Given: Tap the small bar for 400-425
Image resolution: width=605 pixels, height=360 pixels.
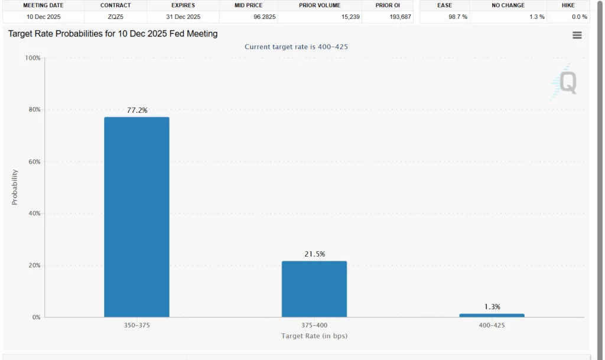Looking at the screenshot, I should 491,315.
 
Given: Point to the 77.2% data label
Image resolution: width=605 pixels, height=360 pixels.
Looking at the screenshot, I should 137,110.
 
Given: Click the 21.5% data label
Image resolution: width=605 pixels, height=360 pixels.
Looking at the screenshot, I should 314,254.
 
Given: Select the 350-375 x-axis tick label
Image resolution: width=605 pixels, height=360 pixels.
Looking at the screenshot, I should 136,325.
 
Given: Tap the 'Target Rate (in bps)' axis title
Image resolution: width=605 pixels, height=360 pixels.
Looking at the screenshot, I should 314,336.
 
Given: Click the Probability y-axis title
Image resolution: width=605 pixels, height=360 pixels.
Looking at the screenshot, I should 15,187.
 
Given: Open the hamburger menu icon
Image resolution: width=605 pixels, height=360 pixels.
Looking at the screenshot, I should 577,35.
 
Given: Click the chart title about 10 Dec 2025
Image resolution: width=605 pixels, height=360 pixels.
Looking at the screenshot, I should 113,34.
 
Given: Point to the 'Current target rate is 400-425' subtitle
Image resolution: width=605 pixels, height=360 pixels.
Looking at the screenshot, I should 300,47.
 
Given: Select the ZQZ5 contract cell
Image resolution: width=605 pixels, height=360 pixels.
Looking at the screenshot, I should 115,17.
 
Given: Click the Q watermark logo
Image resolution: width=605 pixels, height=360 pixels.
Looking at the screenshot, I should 565,82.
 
